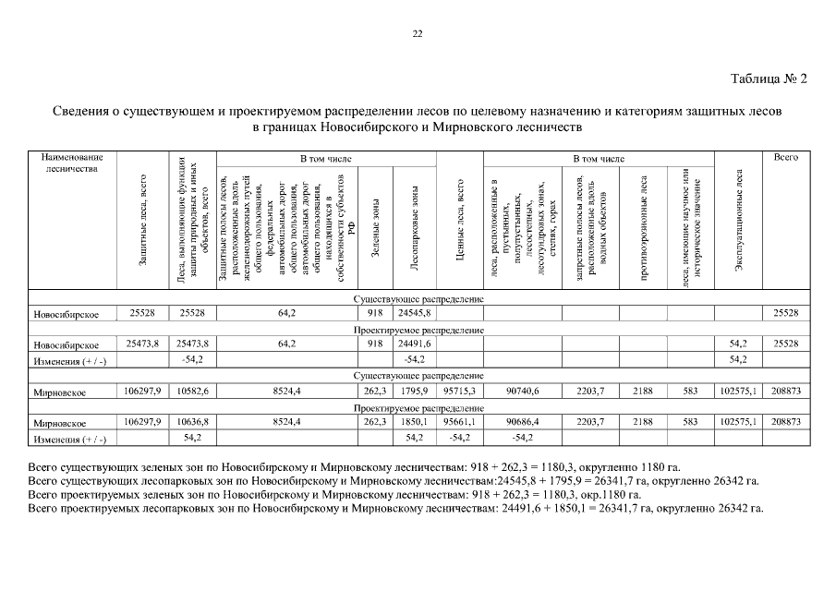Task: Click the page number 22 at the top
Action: (418, 34)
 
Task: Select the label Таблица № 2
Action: (769, 78)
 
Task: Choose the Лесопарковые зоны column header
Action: (414, 231)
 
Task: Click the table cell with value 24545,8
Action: (414, 314)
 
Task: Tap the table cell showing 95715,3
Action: (459, 392)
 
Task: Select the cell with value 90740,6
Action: (522, 392)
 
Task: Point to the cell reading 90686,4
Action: (522, 421)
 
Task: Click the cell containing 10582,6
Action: (192, 392)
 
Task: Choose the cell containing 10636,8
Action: (192, 421)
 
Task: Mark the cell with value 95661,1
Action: (459, 421)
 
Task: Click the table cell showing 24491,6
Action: (414, 344)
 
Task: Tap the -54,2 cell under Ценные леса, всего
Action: (459, 437)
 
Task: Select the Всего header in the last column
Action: (786, 159)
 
